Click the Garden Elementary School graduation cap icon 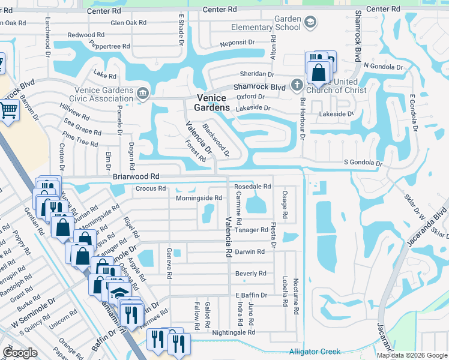click(310, 23)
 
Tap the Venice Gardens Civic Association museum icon click(143, 92)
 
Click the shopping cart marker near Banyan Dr click(8, 110)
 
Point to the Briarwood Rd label click(136, 177)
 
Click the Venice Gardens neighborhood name click(211, 103)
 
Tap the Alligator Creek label click(315, 352)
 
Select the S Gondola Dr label click(363, 163)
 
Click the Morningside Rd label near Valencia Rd click(199, 198)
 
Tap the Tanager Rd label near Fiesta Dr click(256, 230)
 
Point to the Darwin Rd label click(249, 252)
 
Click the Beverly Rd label click(250, 274)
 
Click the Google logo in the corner click(20, 353)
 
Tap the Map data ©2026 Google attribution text click(411, 355)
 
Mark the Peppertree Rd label click(109, 46)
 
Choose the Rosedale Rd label click(253, 187)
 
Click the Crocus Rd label click(151, 188)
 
